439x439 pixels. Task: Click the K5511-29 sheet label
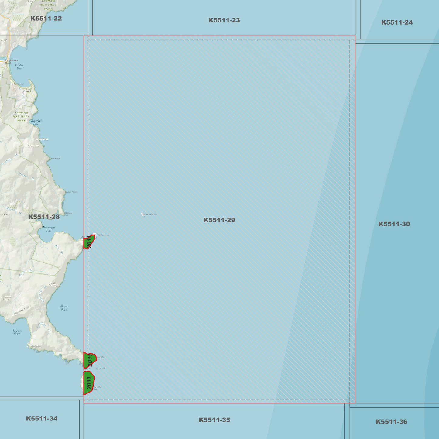tap(219, 220)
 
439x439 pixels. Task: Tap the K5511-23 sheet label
tap(224, 20)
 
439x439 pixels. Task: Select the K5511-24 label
tap(397, 22)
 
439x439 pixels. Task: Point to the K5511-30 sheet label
tap(394, 224)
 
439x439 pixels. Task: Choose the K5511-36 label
tap(391, 422)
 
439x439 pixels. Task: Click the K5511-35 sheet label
tap(214, 420)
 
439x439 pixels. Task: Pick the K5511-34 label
tap(42, 419)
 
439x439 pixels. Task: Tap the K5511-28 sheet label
tap(44, 217)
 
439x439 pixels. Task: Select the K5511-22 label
tap(46, 19)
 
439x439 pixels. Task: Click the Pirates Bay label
tap(19, 67)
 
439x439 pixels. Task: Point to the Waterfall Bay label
tap(36, 122)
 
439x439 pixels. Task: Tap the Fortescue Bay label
tap(49, 229)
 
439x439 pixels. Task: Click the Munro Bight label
tap(64, 308)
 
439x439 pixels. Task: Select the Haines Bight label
tap(17, 332)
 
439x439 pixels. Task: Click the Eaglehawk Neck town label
tap(12, 62)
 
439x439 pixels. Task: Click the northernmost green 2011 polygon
tap(88, 242)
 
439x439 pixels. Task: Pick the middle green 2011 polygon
tap(90, 360)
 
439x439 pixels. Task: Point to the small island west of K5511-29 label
tap(143, 214)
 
